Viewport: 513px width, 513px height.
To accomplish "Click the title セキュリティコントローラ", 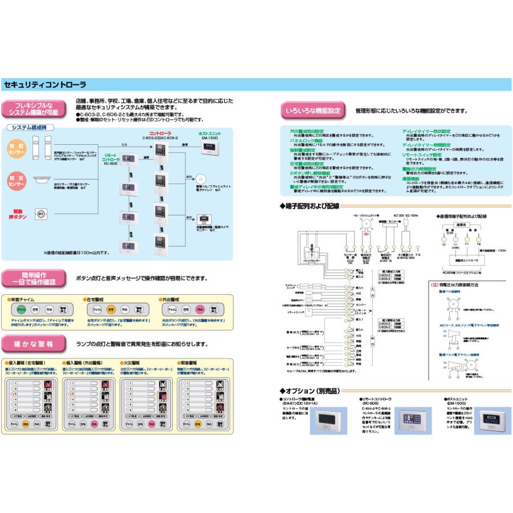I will click(x=44, y=84).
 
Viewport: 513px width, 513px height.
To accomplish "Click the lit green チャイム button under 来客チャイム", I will click(x=22, y=310).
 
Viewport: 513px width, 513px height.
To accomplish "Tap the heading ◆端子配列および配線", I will click(x=310, y=205).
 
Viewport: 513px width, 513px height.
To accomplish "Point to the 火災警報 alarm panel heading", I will click(x=132, y=363).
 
